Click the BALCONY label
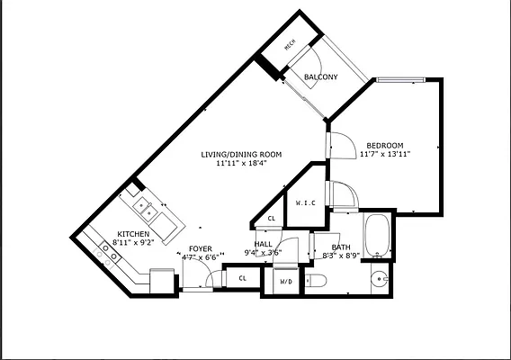[320, 77]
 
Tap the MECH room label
[291, 46]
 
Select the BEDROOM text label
[384, 146]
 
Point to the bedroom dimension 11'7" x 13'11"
[384, 156]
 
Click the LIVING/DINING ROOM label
[241, 155]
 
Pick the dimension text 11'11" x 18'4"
[241, 165]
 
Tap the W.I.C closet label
[305, 202]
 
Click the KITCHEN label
[133, 234]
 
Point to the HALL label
[263, 244]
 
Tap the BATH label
[341, 247]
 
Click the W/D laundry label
[286, 282]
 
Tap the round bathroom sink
[380, 278]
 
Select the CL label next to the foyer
[242, 279]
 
